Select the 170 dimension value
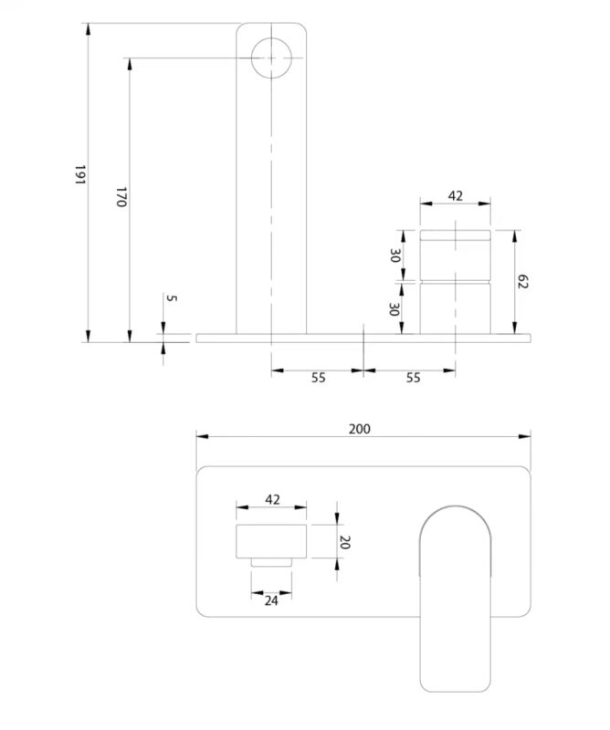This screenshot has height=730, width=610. tap(120, 197)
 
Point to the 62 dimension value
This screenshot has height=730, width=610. tap(524, 281)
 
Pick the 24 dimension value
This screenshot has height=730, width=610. tap(272, 600)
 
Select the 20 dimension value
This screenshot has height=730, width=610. tap(344, 542)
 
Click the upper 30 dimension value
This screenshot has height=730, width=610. tap(395, 256)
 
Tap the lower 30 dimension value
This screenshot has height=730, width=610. tap(395, 309)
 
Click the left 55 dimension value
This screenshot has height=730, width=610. tap(318, 378)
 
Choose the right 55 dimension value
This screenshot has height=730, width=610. tap(413, 378)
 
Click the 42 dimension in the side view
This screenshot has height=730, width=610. tap(456, 196)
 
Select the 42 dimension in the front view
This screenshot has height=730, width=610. tap(272, 499)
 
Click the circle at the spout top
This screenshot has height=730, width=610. tap(271, 57)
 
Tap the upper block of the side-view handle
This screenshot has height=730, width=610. tap(456, 255)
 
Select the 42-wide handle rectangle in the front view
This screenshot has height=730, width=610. tap(272, 541)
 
